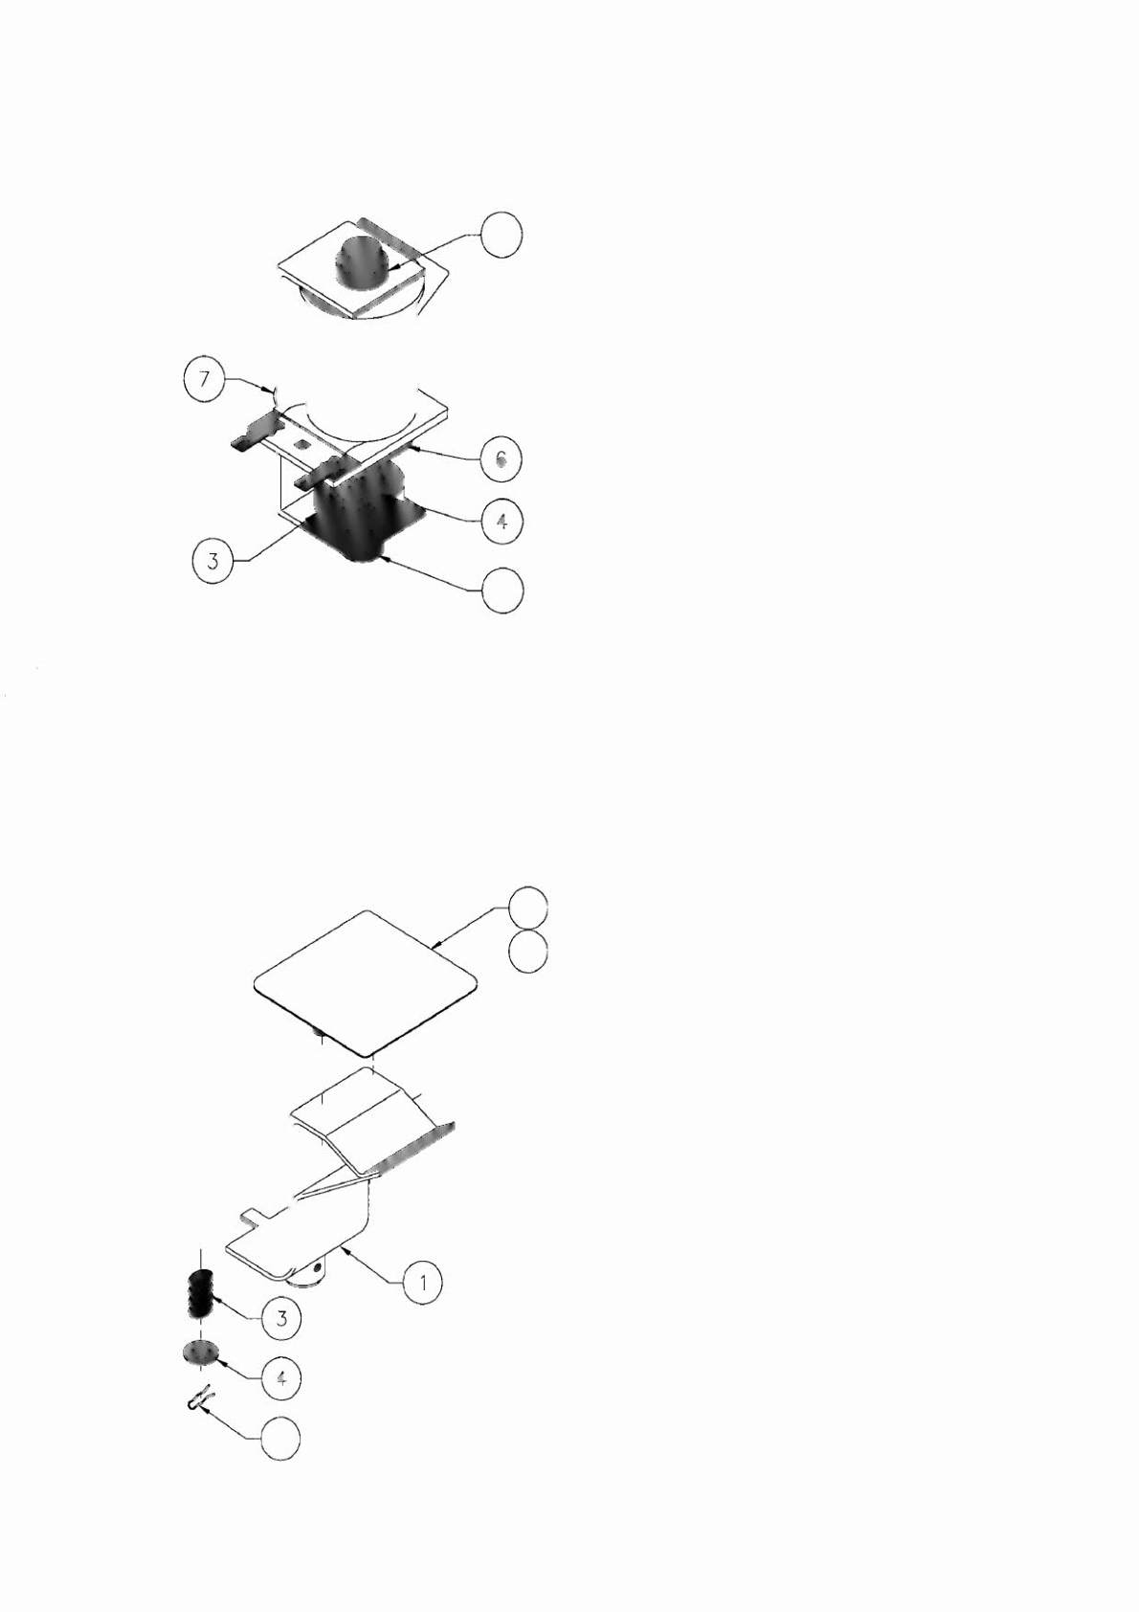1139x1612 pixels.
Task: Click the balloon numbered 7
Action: point(204,379)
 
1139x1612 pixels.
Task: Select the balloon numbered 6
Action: point(502,458)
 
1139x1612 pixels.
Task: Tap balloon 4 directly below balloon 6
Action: point(502,521)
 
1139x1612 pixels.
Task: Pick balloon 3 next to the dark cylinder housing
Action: point(212,561)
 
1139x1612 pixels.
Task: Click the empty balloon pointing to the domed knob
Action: point(502,235)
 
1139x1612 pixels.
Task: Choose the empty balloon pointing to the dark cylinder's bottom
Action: point(502,592)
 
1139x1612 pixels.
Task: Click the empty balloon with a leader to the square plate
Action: point(527,907)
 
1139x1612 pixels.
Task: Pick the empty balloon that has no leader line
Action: point(527,952)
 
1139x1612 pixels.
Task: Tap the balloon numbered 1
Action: point(423,1282)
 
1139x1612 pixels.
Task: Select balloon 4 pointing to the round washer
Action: point(280,1378)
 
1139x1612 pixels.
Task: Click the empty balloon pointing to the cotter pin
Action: point(279,1440)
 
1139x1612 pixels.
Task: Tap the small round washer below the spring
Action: point(201,1354)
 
